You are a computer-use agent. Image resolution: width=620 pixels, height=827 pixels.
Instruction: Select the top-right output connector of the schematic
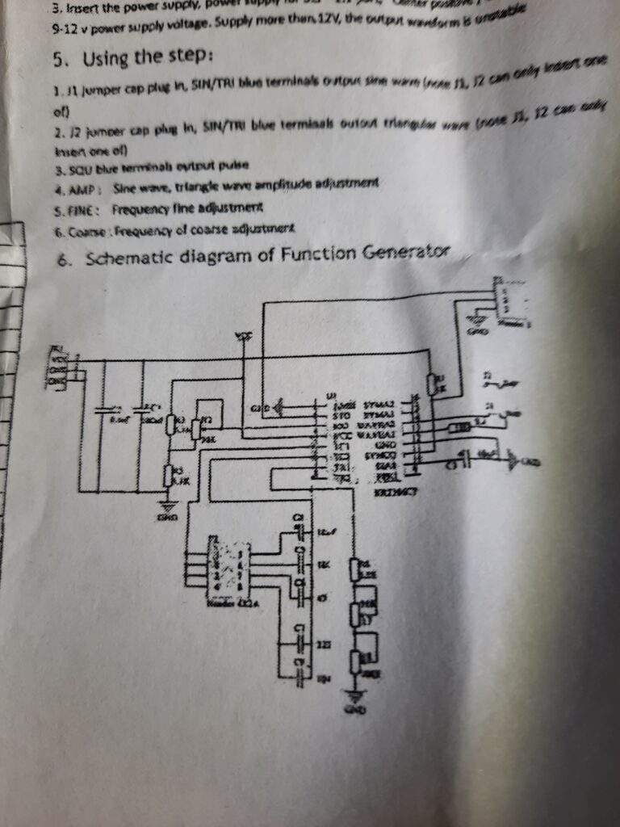point(505,300)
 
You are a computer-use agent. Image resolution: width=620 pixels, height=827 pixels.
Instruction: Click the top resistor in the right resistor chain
point(354,570)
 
